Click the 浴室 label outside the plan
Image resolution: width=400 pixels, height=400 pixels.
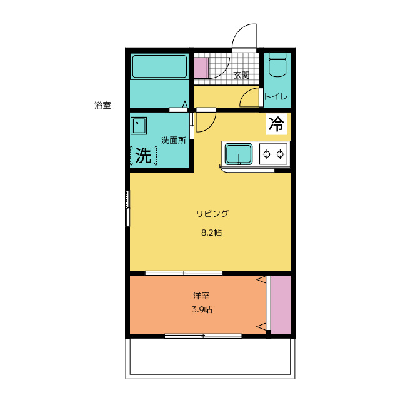point(102,105)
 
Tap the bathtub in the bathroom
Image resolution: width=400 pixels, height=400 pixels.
point(160,66)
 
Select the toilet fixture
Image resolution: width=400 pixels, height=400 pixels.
point(277,65)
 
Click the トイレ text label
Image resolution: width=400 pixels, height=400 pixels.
point(276,96)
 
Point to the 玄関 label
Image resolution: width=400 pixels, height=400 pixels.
point(241,75)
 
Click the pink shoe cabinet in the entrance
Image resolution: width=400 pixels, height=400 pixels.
point(201,68)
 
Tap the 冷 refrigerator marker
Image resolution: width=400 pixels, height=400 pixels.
point(276,124)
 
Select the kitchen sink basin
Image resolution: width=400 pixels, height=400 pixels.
point(239,154)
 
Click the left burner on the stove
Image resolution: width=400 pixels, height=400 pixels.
point(267,154)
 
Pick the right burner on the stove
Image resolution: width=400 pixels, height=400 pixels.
point(281,154)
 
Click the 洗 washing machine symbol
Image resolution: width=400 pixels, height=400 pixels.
point(143,156)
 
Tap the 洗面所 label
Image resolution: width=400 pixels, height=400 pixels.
point(174,140)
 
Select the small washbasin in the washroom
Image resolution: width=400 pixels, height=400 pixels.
point(139,126)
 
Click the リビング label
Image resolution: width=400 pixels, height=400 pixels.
point(212,213)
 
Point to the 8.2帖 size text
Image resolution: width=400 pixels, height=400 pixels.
point(211,232)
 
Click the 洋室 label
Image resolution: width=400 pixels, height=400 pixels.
point(201,296)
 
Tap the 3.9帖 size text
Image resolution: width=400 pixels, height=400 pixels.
point(202,309)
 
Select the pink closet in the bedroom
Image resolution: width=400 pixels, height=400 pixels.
point(281,304)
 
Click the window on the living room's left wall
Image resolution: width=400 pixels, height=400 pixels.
point(127,208)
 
